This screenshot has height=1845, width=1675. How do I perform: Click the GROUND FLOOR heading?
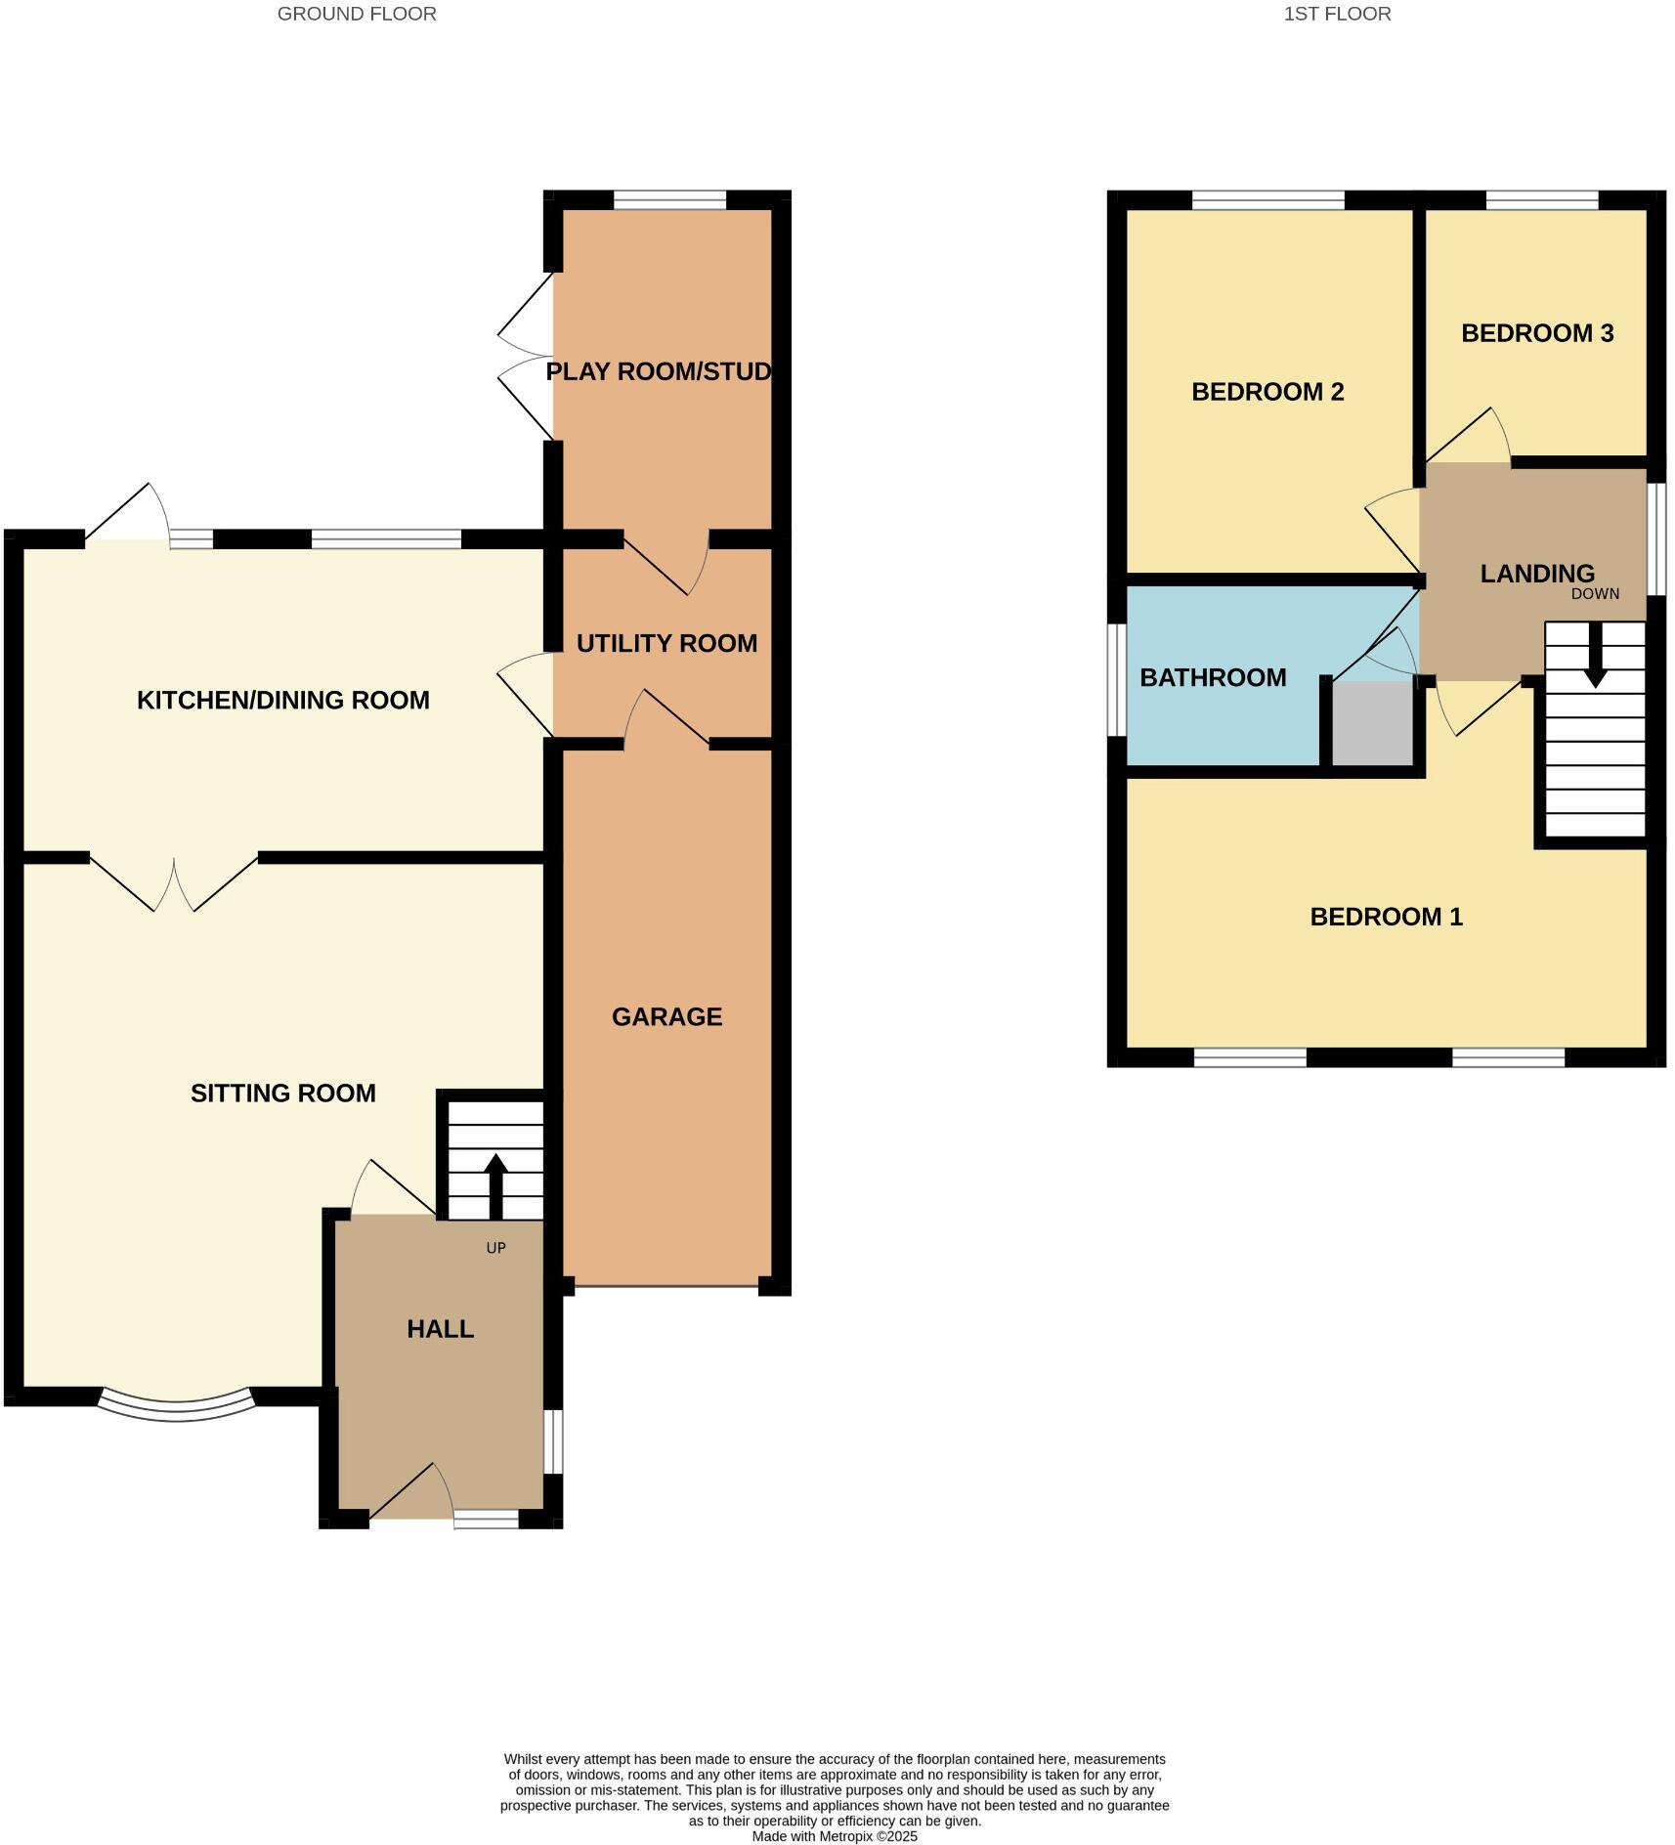pos(357,14)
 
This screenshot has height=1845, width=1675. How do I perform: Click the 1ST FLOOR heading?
pos(1337,14)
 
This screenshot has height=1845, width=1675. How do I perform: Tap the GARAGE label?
pos(666,1017)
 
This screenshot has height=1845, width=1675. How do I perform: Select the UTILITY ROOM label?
pos(666,643)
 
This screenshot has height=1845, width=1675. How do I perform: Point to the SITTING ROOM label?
pos(282,1093)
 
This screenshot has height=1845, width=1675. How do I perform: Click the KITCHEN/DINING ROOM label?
pos(282,700)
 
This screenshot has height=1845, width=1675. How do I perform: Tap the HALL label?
pos(440,1329)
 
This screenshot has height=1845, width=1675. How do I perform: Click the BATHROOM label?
pos(1213,677)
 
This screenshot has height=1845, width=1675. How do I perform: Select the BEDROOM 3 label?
pos(1536,333)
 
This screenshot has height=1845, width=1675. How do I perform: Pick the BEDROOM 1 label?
pos(1386,917)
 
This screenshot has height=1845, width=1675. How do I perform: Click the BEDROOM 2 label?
pos(1267,392)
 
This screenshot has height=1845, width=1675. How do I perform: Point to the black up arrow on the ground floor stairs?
pos(495,1184)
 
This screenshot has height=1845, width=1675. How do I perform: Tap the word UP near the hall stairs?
pos(495,1248)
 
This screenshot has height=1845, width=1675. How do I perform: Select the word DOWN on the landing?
pos(1595,594)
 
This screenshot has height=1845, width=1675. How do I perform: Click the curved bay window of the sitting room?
pos(176,1408)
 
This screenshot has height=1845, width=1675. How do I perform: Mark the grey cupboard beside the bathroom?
pos(1373,723)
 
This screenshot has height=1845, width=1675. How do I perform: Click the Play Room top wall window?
pos(669,199)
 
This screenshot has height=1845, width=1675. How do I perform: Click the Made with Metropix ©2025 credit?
pos(835,1836)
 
